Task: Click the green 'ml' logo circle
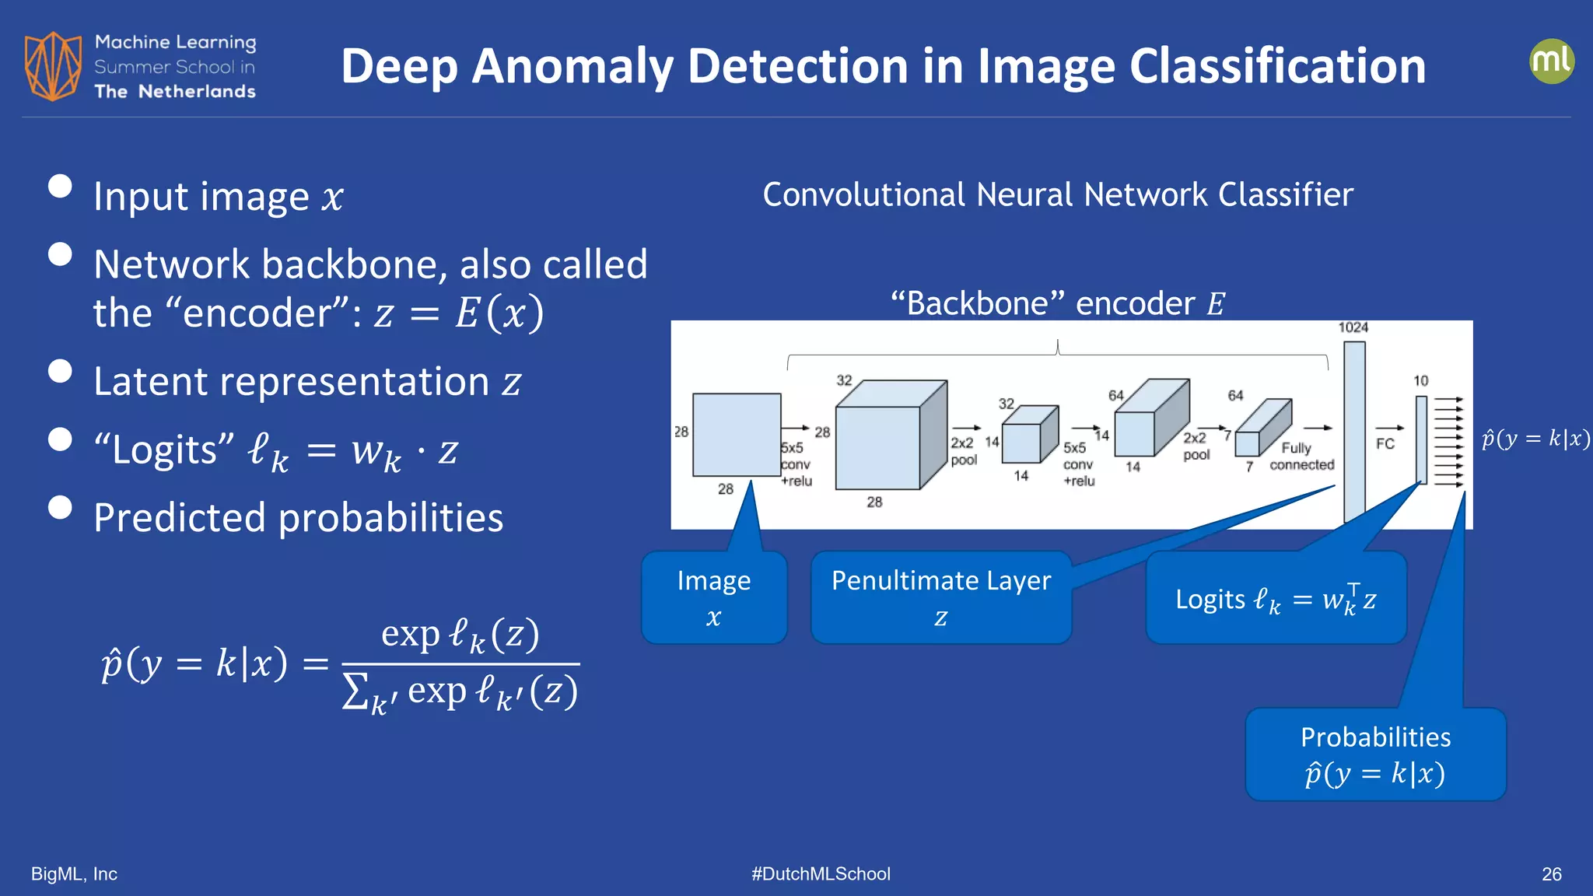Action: [x=1551, y=61]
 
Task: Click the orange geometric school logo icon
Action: [x=53, y=66]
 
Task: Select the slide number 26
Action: [x=1551, y=874]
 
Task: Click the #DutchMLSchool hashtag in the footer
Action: [x=821, y=874]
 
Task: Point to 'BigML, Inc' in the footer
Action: [x=74, y=874]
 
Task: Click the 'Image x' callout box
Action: [x=714, y=597]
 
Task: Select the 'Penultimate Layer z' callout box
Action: [x=940, y=597]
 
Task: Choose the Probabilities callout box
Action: [x=1375, y=754]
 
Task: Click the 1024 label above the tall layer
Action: [x=1353, y=327]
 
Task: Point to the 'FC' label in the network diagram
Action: [x=1385, y=443]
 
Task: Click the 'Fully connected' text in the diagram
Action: [x=1301, y=457]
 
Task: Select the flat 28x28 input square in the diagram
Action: [x=736, y=434]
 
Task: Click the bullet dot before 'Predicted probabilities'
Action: [x=60, y=507]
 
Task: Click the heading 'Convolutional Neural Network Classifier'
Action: [x=1058, y=194]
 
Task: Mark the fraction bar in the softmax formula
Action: [x=460, y=663]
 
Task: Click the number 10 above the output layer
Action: [x=1420, y=380]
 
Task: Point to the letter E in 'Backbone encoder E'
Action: [x=1216, y=304]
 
